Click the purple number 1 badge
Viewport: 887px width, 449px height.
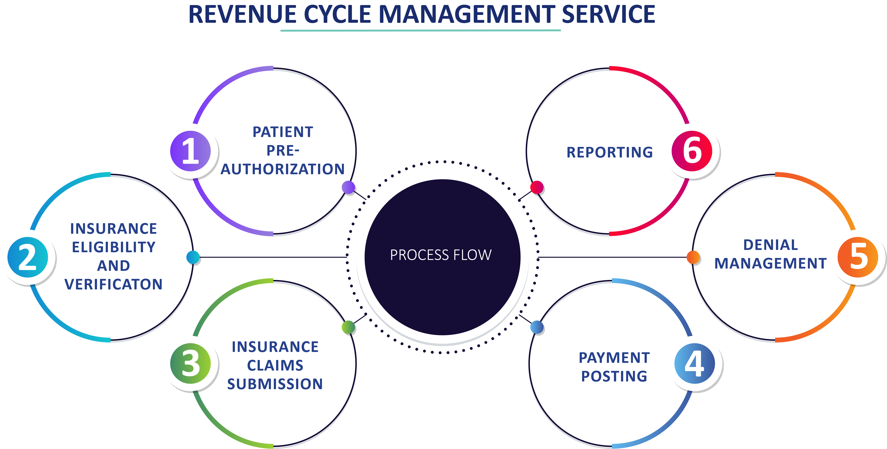click(x=190, y=151)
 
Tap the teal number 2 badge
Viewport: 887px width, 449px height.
click(x=28, y=257)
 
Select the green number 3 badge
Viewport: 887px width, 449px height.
click(x=190, y=364)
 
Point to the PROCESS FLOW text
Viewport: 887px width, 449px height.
click(x=441, y=255)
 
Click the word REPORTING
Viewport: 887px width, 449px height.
click(x=610, y=152)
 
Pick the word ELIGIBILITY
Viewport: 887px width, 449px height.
click(x=114, y=247)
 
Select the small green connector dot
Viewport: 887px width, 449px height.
click(x=348, y=327)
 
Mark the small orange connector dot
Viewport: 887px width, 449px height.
click(x=693, y=257)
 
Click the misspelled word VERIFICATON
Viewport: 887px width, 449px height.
click(x=114, y=284)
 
